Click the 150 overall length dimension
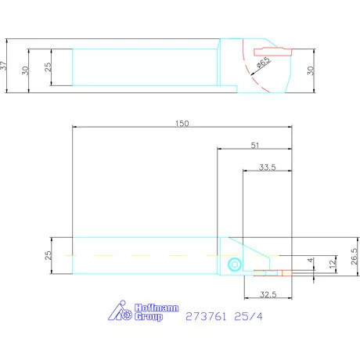[x=182, y=124]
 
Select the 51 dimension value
[x=255, y=146]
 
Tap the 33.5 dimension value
[x=267, y=167]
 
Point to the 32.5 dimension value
[x=268, y=294]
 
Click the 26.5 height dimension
[x=355, y=256]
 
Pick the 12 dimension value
[x=333, y=264]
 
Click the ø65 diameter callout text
[x=264, y=63]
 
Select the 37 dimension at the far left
[x=3, y=65]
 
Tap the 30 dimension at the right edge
[x=311, y=70]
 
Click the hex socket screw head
[x=234, y=265]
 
